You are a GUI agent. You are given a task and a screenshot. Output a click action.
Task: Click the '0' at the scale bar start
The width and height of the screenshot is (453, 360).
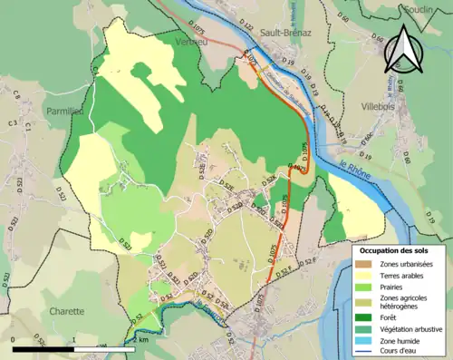14,338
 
